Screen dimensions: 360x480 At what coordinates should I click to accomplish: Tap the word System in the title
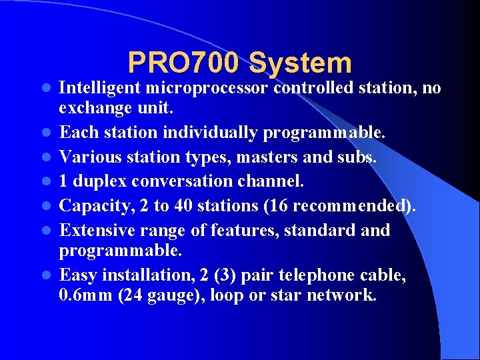point(300,63)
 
